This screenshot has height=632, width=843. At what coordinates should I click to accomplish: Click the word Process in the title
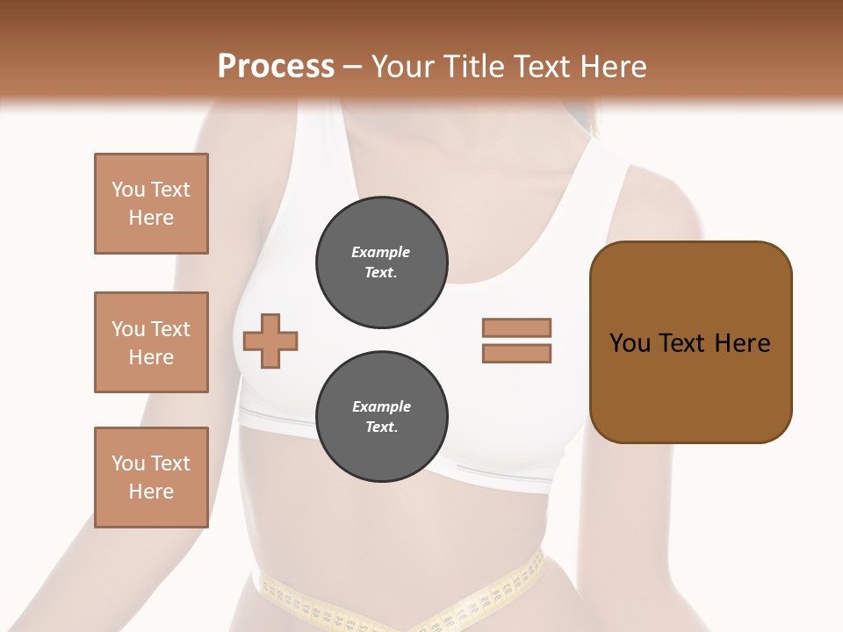(276, 66)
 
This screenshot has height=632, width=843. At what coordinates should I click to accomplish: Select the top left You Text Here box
(151, 204)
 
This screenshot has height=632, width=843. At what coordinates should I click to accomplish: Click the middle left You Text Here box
(151, 342)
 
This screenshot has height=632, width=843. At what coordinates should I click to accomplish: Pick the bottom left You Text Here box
(151, 478)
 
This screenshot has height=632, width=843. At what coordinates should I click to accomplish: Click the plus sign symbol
(270, 341)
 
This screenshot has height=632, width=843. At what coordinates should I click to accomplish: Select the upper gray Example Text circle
(381, 262)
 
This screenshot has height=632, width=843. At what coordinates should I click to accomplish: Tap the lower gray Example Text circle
(381, 417)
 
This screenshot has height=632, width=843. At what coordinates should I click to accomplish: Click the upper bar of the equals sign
(516, 327)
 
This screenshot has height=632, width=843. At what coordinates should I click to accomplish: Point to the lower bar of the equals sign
(516, 354)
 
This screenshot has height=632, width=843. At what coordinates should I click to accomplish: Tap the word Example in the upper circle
(380, 252)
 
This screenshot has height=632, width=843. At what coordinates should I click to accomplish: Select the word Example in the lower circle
(380, 406)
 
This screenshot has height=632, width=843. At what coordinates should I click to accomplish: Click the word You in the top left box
(127, 190)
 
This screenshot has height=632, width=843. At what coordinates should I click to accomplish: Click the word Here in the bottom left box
(151, 492)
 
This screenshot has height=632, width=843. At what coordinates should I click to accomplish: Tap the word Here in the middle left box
(151, 357)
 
